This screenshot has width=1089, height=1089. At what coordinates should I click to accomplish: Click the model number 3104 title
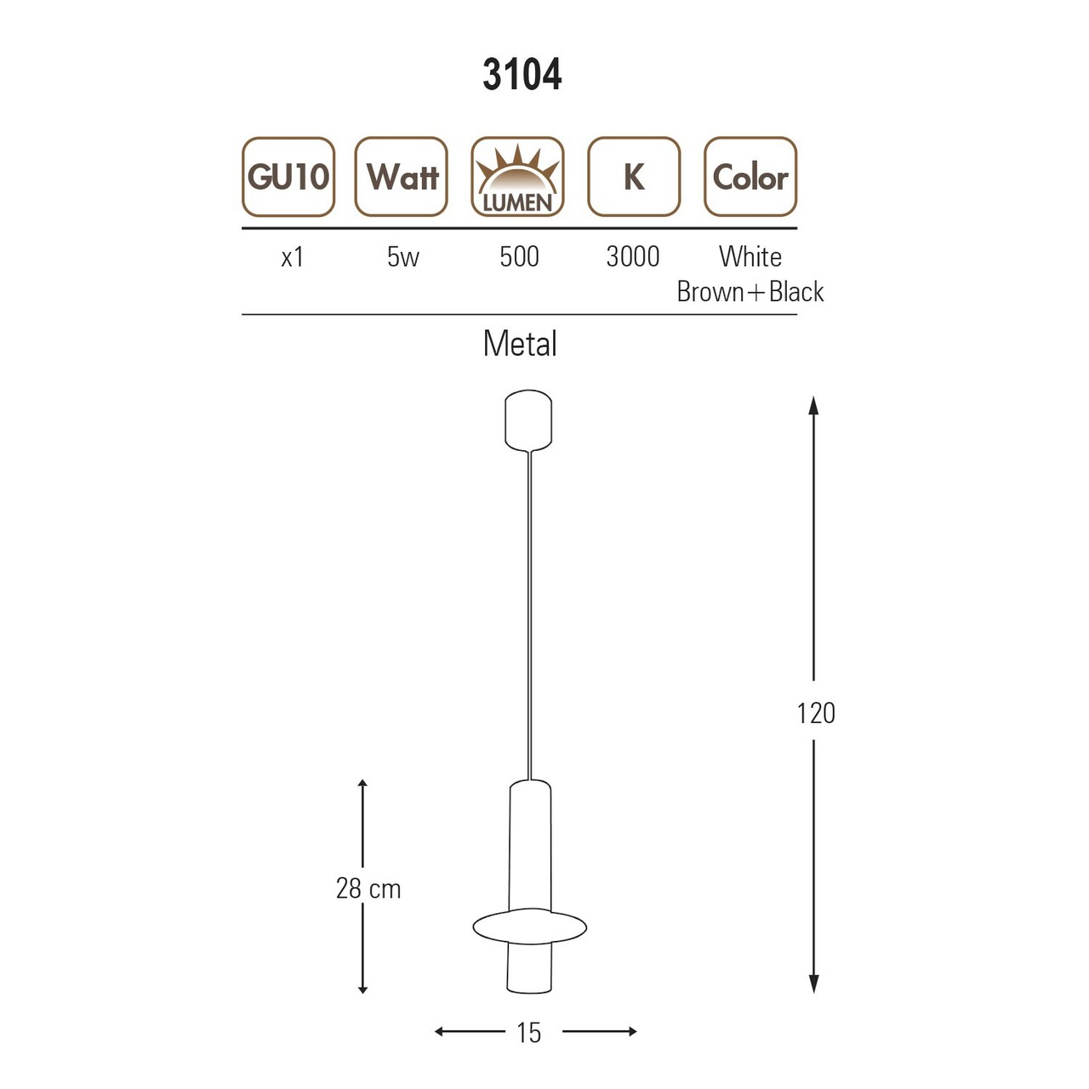[x=522, y=75]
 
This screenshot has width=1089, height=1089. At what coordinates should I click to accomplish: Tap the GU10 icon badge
[x=288, y=177]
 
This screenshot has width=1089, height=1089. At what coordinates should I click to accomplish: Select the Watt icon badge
[x=402, y=177]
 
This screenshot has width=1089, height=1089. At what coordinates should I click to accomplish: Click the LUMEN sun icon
[x=517, y=177]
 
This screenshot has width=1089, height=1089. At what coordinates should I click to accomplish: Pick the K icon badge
[x=634, y=177]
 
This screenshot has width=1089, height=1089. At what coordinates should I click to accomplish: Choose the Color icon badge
[x=750, y=177]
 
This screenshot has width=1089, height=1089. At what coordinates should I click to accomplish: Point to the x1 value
[x=292, y=257]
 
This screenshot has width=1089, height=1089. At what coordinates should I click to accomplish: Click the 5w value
[x=402, y=257]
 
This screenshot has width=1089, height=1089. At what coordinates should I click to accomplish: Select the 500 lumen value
[x=519, y=257]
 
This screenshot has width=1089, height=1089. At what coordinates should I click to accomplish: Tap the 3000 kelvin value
[x=633, y=257]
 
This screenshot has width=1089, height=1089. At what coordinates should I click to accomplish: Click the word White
[x=750, y=257]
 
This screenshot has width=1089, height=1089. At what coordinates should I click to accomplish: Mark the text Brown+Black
[x=750, y=292]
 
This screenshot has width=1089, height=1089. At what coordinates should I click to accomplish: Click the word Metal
[x=520, y=344]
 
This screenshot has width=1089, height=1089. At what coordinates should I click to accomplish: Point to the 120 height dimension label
[x=815, y=713]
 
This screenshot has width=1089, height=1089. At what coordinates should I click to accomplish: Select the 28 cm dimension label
[x=368, y=888]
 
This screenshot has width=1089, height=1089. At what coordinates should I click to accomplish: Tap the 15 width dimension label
[x=528, y=1033]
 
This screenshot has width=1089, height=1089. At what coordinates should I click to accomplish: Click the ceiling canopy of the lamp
[x=528, y=419]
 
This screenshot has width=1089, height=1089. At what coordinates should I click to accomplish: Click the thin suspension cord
[x=529, y=613]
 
